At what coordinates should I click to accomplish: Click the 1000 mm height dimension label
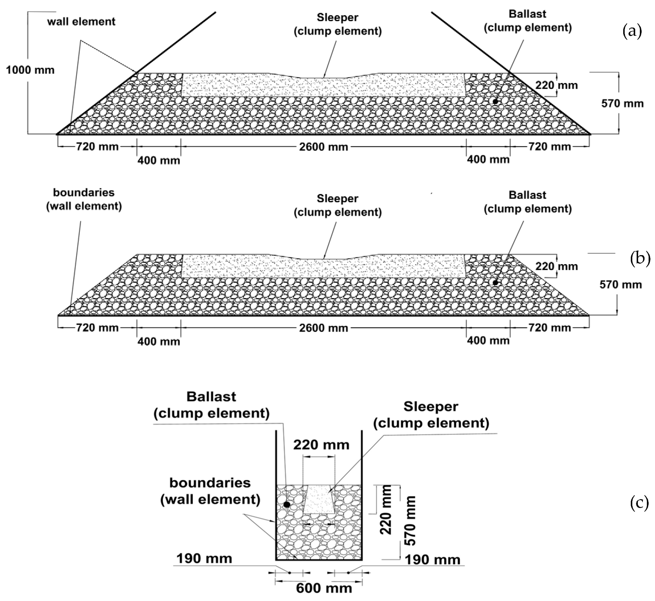(x=30, y=70)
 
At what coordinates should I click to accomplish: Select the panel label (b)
(x=640, y=259)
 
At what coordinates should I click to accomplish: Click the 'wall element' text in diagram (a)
(x=81, y=21)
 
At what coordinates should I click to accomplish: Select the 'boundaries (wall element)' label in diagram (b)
(x=84, y=199)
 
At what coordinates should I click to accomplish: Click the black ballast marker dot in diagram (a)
(x=495, y=102)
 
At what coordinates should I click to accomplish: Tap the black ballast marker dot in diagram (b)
(x=495, y=283)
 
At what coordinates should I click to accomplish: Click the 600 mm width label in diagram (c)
(x=324, y=588)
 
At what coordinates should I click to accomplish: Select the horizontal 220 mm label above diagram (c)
(x=321, y=445)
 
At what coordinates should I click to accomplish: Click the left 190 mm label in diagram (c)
(x=204, y=559)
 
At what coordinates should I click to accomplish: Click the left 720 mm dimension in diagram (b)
(x=97, y=327)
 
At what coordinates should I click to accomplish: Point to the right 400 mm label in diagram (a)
(x=488, y=159)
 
